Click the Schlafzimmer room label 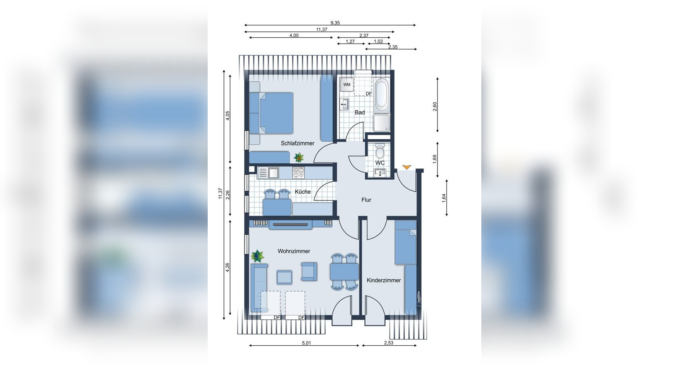(298, 143)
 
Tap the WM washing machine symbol (346, 85)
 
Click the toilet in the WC (380, 149)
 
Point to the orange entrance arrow (406, 167)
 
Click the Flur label (366, 200)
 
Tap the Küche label (303, 192)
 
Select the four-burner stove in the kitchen (298, 173)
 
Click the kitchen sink (268, 173)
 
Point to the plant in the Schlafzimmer (299, 157)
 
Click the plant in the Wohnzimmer (257, 256)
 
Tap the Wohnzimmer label (294, 251)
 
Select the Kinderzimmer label (384, 280)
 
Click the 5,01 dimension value (306, 343)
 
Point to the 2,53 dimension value (388, 343)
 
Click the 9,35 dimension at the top (335, 23)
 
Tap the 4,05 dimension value (228, 116)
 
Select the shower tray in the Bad (382, 123)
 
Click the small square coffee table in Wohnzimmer (284, 277)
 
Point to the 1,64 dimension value (444, 198)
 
